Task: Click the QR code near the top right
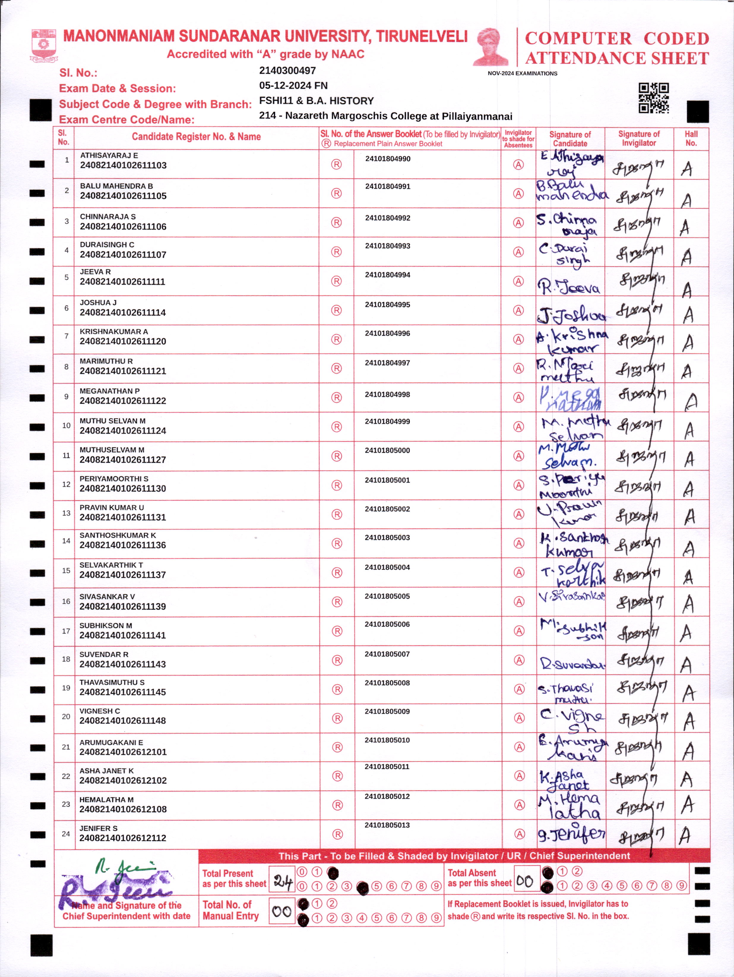(x=653, y=98)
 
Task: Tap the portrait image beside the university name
(x=491, y=47)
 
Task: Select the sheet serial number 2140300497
(x=287, y=71)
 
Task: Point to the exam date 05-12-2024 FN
(x=293, y=86)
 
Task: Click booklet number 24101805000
(x=387, y=451)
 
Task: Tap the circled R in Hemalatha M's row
(x=338, y=805)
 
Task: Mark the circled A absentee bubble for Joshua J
(x=518, y=310)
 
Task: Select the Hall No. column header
(x=691, y=139)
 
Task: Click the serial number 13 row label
(x=66, y=513)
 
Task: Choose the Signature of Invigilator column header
(x=639, y=139)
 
